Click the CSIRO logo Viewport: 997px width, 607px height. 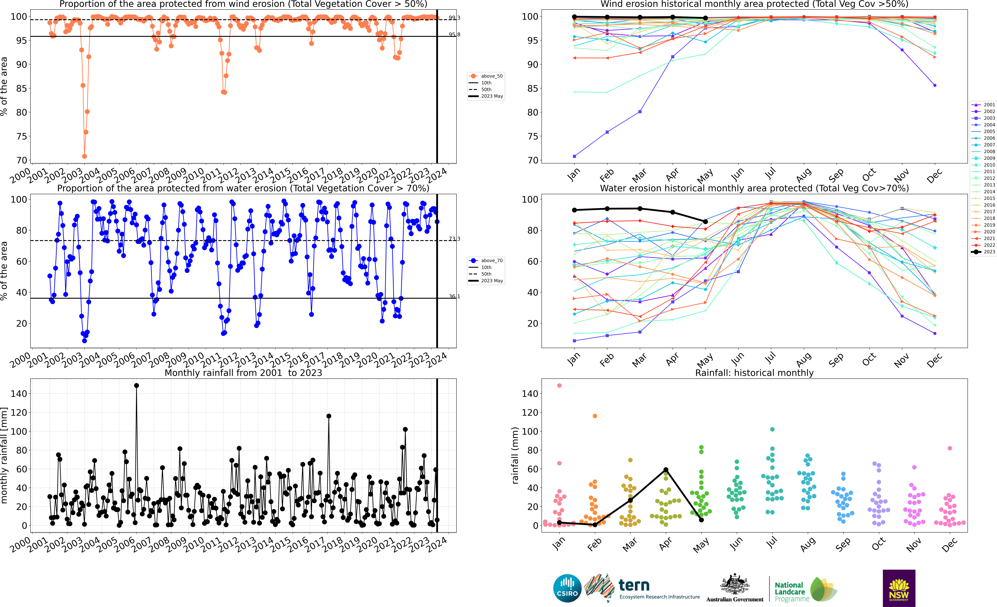point(567,588)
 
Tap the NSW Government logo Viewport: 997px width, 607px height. point(899,588)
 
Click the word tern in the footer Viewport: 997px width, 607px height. point(634,585)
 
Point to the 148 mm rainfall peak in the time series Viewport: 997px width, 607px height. point(136,386)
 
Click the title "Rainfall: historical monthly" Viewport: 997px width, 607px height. point(754,373)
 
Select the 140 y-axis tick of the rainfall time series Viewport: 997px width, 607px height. point(19,393)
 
